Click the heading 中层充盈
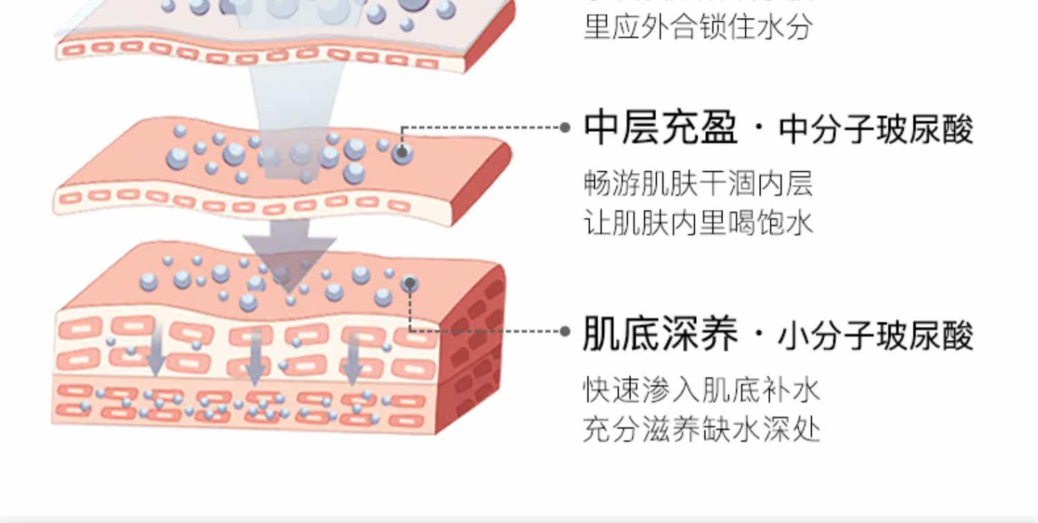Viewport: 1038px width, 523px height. point(660,129)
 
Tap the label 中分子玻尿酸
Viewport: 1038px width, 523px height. point(876,130)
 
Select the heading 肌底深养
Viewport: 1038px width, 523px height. point(660,335)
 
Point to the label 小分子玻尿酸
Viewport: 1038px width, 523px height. point(876,335)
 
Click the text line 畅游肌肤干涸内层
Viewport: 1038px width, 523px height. point(698,184)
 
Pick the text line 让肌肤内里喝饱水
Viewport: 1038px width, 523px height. point(698,223)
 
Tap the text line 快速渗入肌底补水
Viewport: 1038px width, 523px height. point(701,390)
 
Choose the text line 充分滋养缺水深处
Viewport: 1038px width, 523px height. point(701,429)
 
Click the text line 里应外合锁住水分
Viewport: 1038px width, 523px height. point(698,28)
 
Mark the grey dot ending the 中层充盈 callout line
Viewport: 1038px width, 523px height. point(565,127)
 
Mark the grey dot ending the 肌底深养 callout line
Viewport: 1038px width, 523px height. point(565,331)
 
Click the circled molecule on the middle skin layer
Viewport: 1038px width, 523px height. point(402,152)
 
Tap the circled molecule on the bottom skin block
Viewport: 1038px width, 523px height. point(410,283)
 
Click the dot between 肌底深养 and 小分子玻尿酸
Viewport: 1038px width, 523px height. point(759,337)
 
